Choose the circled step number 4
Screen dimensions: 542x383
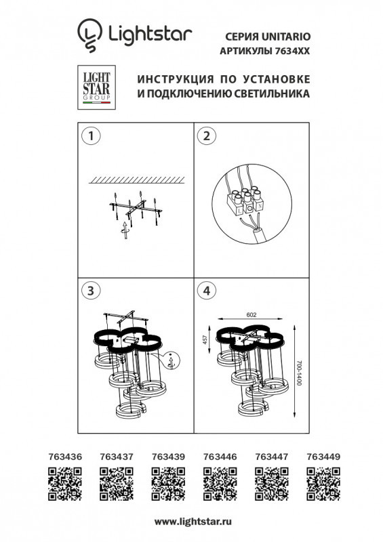click(203, 291)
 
